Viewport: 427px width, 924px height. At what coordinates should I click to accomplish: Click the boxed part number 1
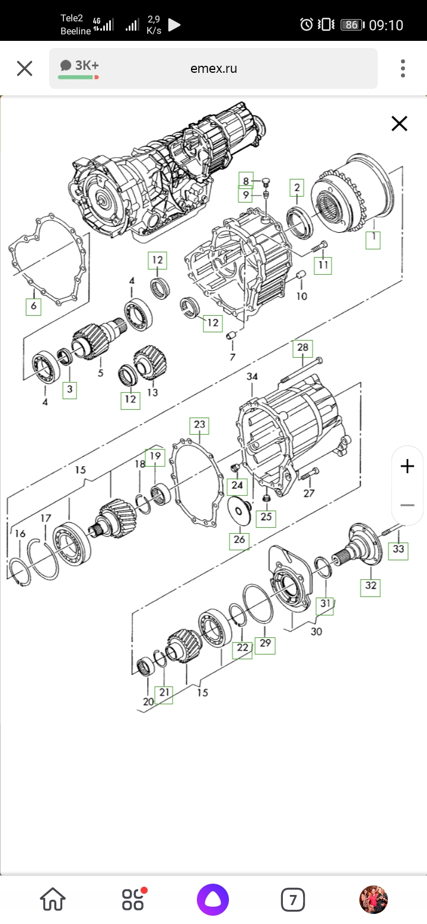click(373, 239)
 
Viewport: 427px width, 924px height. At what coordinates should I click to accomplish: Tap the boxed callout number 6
click(33, 306)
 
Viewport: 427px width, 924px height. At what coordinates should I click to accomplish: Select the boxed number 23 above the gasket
click(199, 425)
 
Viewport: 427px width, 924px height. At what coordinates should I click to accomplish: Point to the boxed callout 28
click(303, 348)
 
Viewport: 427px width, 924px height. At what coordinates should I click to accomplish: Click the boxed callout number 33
click(399, 550)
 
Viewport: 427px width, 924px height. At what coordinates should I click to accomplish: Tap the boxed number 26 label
click(240, 540)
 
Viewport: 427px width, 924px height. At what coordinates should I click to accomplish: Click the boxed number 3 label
click(69, 389)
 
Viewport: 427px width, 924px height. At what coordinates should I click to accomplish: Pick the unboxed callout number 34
click(252, 376)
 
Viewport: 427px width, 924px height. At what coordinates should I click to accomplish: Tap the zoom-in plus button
click(407, 467)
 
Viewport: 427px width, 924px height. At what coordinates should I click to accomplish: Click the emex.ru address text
click(213, 68)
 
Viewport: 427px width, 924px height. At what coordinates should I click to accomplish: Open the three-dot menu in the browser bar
click(403, 68)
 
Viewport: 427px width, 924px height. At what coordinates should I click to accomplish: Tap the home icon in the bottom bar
click(53, 900)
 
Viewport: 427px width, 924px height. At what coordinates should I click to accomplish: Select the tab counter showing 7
click(292, 900)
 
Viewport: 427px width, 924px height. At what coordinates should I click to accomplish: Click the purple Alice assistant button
click(212, 900)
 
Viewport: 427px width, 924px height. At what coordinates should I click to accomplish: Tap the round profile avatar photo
click(374, 900)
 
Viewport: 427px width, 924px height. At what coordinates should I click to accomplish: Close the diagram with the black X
click(399, 124)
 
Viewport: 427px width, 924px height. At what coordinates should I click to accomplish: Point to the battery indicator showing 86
click(352, 24)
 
